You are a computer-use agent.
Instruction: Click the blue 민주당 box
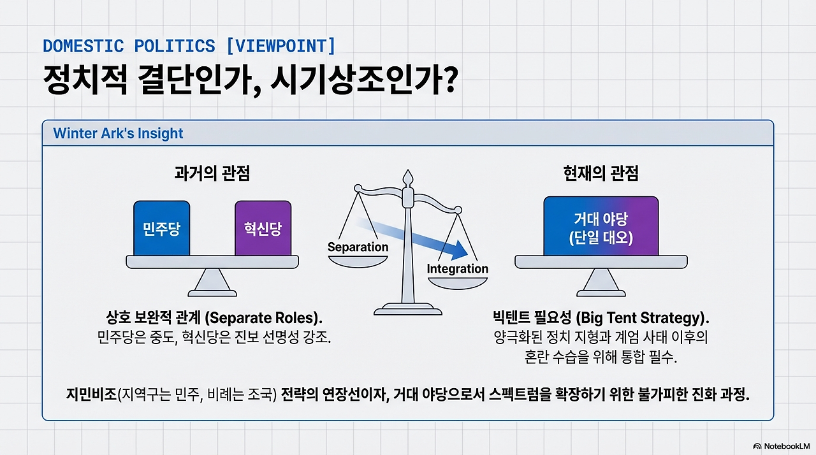(x=161, y=228)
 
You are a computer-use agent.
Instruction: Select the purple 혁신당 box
(x=263, y=228)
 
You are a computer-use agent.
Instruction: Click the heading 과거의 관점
(x=212, y=173)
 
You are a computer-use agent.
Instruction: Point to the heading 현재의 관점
(x=601, y=173)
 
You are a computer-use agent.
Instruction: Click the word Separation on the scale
(x=358, y=247)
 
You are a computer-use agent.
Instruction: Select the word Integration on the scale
(x=457, y=268)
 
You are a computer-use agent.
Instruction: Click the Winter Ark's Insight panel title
(x=118, y=133)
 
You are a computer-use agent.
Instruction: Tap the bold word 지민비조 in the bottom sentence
(x=89, y=394)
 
